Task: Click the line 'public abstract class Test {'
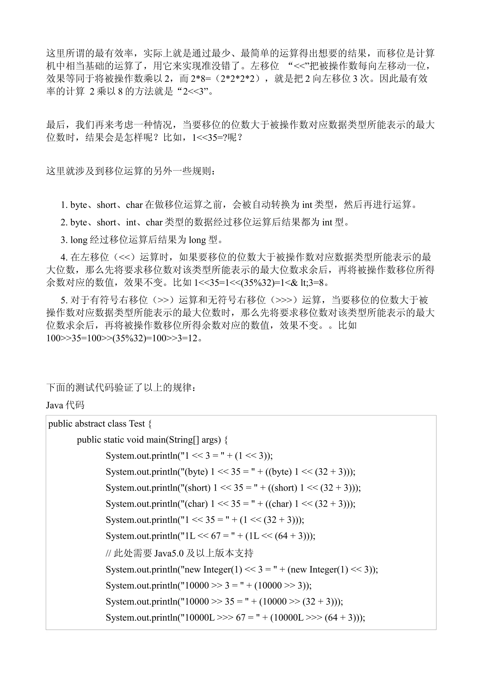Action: (100, 424)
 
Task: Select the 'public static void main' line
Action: (152, 440)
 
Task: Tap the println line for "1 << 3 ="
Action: (189, 456)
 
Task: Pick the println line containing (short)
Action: (233, 488)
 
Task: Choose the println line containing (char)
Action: (230, 504)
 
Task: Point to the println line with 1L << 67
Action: (210, 536)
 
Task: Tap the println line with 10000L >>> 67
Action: (235, 618)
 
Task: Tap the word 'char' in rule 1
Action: (134, 205)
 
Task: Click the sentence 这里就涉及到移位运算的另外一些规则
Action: (131, 171)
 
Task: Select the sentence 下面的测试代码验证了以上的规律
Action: (121, 388)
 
